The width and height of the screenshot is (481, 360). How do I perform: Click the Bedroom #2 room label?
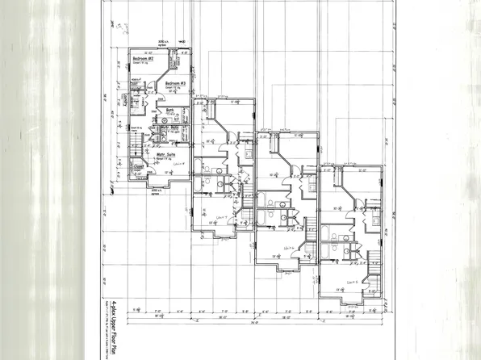coord(144,60)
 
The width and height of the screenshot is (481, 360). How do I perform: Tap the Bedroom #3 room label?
coord(176,83)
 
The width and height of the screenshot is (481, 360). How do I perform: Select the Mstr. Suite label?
coord(166,152)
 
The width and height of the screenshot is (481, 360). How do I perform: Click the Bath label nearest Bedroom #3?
coord(169,110)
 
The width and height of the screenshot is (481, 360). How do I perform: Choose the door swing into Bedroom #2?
coord(144,80)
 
